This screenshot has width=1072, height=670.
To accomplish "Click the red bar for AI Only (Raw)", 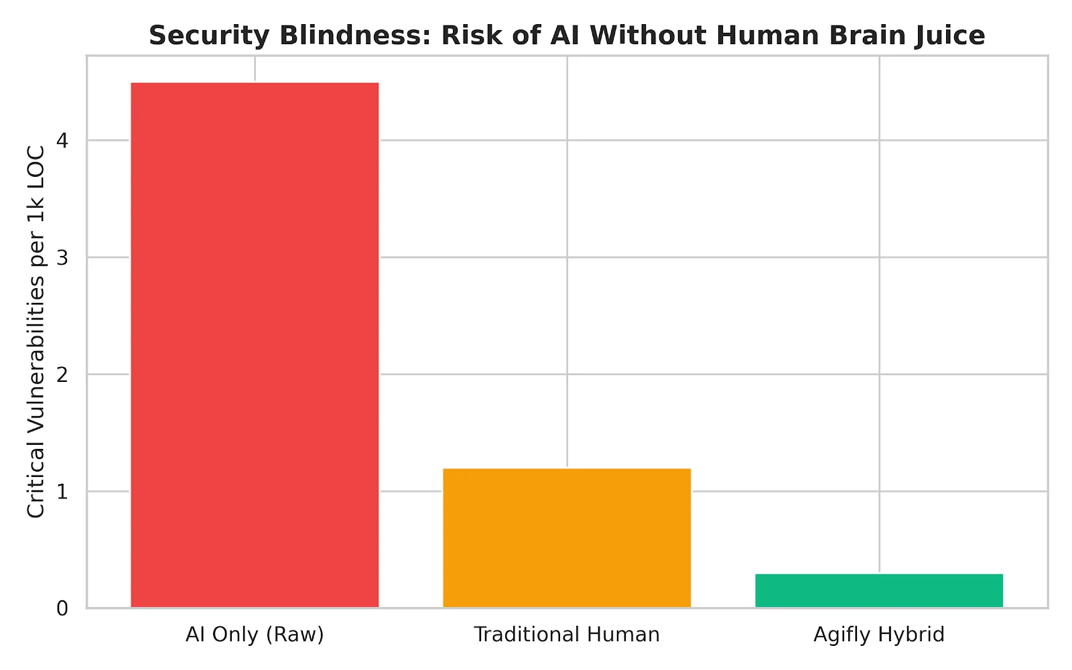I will [x=255, y=345].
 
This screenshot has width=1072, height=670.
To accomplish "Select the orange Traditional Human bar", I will [x=567, y=538].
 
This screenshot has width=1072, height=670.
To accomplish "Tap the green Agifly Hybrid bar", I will [x=879, y=590].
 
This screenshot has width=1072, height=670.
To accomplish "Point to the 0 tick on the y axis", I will [x=62, y=608].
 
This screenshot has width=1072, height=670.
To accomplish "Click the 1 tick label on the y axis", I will [x=62, y=492].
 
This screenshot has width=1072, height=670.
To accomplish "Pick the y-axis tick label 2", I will [x=62, y=375].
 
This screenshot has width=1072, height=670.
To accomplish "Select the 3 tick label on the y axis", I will [x=62, y=257].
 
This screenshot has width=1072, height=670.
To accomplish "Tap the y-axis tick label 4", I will [x=62, y=141].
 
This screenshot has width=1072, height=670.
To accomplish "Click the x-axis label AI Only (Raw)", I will [x=255, y=634].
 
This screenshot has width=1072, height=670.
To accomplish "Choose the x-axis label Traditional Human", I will [x=567, y=634].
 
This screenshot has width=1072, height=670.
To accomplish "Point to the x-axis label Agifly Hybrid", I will [x=879, y=634].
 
